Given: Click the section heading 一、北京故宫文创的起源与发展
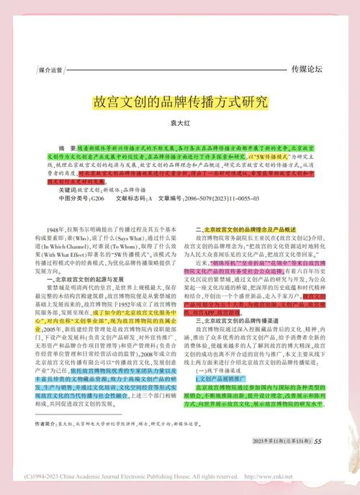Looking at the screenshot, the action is (91, 278).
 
